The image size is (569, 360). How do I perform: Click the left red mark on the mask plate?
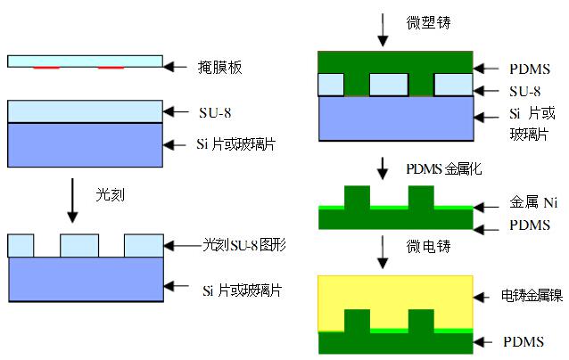pos(47,68)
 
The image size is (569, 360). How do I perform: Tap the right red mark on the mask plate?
pos(111,68)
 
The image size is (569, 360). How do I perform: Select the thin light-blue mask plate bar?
pos(85,61)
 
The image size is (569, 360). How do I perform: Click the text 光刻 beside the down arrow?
pos(108,191)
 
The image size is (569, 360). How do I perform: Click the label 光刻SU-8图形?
pos(242,244)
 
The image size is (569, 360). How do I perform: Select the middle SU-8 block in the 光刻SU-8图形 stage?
pos(79,244)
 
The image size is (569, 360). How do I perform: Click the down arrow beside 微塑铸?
pos(383,28)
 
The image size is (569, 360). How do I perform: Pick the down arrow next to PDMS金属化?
pos(383,168)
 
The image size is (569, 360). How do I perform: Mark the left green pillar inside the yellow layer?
pos(356,320)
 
